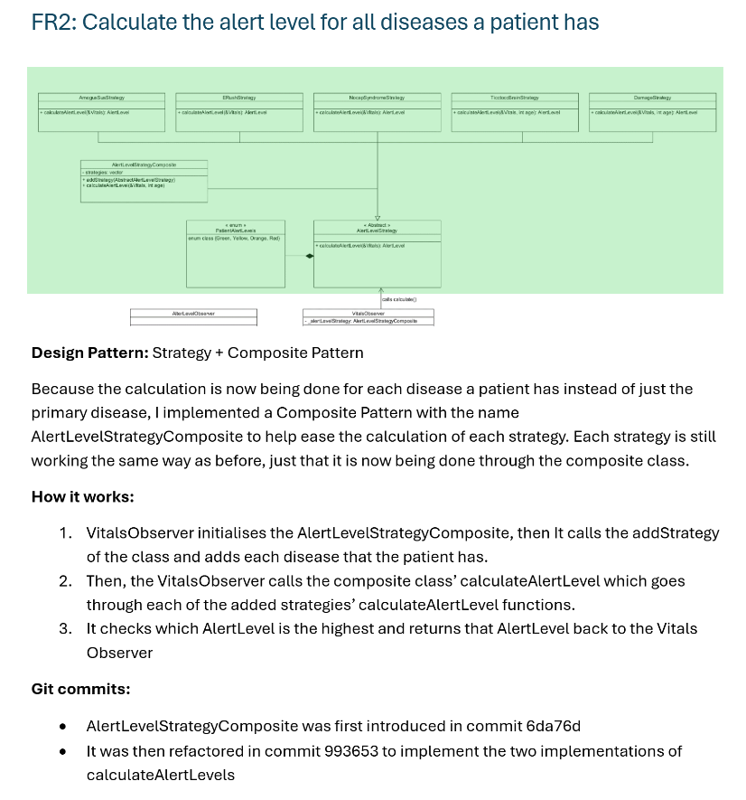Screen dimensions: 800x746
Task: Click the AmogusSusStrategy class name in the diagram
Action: click(101, 97)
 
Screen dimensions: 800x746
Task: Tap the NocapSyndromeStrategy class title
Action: click(377, 97)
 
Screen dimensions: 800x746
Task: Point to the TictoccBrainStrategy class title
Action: click(514, 97)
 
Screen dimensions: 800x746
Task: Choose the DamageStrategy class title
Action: click(652, 97)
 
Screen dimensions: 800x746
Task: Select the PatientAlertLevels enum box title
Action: click(235, 230)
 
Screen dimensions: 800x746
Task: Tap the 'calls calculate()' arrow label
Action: click(399, 298)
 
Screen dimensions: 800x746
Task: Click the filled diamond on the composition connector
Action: click(309, 257)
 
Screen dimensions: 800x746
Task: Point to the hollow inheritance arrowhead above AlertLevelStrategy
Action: click(378, 215)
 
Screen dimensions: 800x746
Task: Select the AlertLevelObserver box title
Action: click(193, 313)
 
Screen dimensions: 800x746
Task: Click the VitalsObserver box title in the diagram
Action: click(368, 313)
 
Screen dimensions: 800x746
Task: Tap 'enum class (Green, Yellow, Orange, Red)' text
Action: click(234, 238)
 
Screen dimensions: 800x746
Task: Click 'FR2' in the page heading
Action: click(51, 23)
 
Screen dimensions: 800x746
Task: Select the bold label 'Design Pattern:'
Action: click(89, 353)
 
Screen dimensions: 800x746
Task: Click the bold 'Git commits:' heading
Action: click(80, 689)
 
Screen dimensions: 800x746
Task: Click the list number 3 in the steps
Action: click(66, 628)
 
